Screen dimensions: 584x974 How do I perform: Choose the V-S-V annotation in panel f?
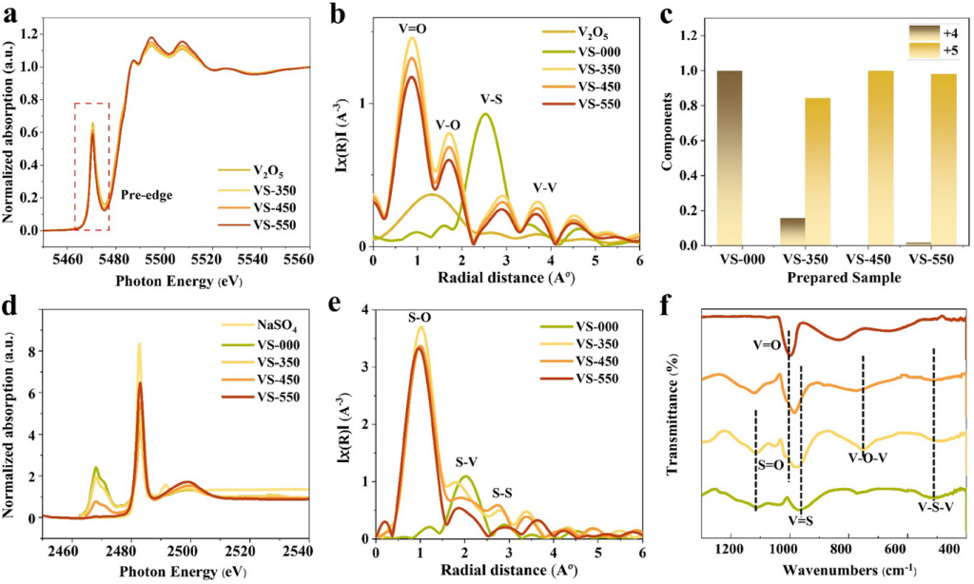(936, 508)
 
